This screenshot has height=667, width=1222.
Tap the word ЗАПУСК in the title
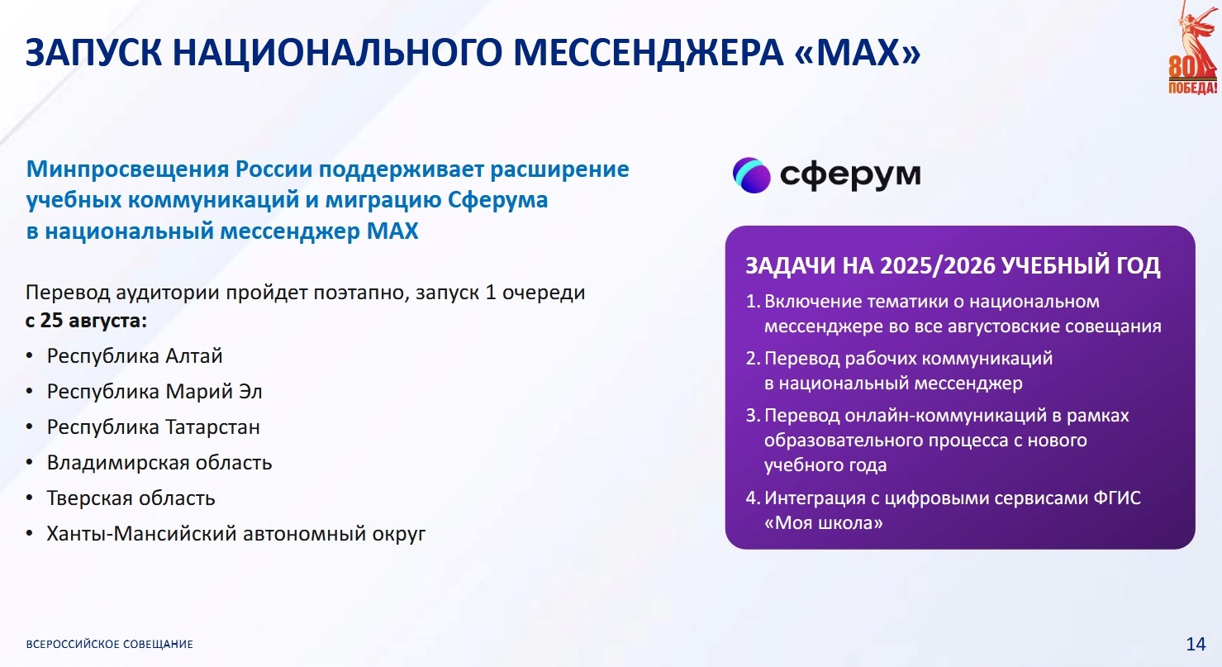[x=94, y=53]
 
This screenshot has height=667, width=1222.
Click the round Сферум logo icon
[x=751, y=175]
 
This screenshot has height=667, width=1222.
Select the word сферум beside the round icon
[x=850, y=175]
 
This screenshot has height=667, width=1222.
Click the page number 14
[x=1196, y=644]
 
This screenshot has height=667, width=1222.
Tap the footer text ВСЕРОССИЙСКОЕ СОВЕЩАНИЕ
[x=110, y=645]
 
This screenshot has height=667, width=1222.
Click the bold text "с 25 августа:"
[x=86, y=321]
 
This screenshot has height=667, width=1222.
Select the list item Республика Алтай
[x=135, y=356]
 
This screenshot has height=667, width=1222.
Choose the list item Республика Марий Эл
[x=155, y=392]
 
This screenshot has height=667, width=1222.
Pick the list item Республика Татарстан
[x=154, y=426]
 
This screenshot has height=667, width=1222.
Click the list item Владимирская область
[x=159, y=463]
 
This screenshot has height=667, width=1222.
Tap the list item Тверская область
[x=131, y=498]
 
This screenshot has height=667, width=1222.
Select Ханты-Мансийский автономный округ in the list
[x=236, y=534]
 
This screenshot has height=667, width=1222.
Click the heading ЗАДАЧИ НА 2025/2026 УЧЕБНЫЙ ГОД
[x=953, y=266]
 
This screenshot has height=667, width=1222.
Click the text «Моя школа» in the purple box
[x=824, y=523]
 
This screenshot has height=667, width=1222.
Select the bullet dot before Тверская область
[x=30, y=498]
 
